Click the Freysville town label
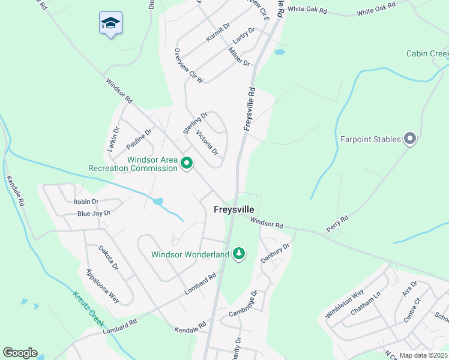(x=234, y=209)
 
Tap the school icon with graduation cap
(x=110, y=23)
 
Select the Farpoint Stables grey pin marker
(x=410, y=139)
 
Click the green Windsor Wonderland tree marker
(x=239, y=254)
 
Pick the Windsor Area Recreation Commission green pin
(x=187, y=163)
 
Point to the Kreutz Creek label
(x=89, y=310)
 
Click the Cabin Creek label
(x=427, y=54)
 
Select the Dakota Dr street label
(x=108, y=258)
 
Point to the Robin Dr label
(x=85, y=202)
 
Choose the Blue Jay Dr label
(x=94, y=214)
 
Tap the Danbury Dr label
(x=275, y=253)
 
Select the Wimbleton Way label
(x=345, y=305)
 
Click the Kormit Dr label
(x=218, y=32)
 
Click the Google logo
(x=20, y=353)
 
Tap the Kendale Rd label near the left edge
(x=15, y=191)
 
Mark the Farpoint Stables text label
(x=370, y=140)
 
